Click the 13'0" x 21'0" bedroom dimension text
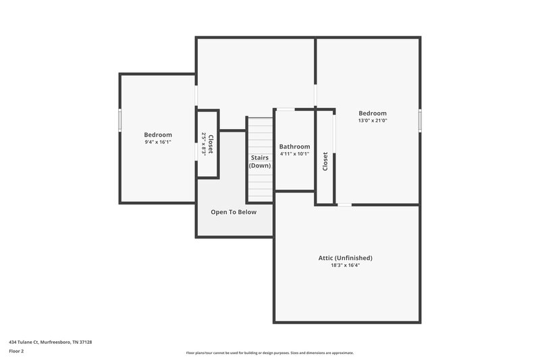tap(372, 121)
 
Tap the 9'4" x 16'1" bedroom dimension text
tap(158, 143)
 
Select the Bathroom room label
tap(294, 147)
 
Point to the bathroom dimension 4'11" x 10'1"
tap(294, 154)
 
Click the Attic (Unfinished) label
tap(345, 258)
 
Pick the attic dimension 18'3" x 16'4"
tap(345, 265)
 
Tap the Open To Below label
tap(234, 212)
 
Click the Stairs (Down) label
tap(260, 161)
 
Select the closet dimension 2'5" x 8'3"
tap(203, 144)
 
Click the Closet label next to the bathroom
tap(325, 161)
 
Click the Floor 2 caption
tap(17, 351)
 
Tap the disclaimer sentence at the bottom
tap(269, 353)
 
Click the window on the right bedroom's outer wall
tap(419, 120)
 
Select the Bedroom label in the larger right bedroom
tap(372, 113)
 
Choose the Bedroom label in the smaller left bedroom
tap(158, 135)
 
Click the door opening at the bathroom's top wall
tap(286, 109)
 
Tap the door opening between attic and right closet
tap(344, 205)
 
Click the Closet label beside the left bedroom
tap(211, 144)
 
